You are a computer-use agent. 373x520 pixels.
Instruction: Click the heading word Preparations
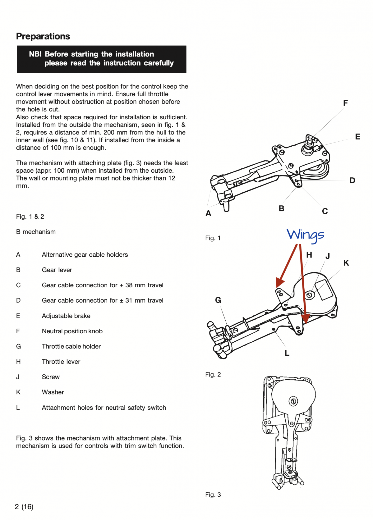click(x=43, y=36)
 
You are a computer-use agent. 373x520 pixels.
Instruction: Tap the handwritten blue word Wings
click(x=305, y=235)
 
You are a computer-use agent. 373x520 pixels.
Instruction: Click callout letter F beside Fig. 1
click(x=345, y=103)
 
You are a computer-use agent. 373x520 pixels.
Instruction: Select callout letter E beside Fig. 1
click(x=358, y=137)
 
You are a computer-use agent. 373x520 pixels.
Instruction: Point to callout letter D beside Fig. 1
click(x=352, y=180)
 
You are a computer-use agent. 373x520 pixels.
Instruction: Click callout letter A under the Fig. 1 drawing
click(x=208, y=213)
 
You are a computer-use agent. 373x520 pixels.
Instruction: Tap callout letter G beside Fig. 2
click(x=218, y=300)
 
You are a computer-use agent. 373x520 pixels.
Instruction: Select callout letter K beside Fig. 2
click(x=346, y=263)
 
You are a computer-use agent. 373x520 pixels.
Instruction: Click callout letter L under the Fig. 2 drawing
click(x=287, y=353)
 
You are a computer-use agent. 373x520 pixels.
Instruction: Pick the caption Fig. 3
click(x=213, y=495)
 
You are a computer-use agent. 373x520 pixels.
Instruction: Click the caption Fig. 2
click(x=213, y=375)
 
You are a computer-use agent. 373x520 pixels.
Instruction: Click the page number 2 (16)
click(x=24, y=507)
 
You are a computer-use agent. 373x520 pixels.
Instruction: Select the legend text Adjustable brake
click(x=66, y=316)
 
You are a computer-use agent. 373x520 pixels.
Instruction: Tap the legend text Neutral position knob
click(x=72, y=331)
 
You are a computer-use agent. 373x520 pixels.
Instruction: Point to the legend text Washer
click(x=53, y=392)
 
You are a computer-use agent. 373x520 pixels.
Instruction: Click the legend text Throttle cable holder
click(x=71, y=347)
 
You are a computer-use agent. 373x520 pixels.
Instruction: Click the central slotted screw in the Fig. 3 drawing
click(x=293, y=401)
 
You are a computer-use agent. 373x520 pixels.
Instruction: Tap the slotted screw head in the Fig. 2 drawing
click(x=309, y=295)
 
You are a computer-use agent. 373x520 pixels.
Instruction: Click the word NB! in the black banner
click(x=35, y=54)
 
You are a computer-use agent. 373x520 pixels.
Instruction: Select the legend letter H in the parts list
click(x=18, y=362)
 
